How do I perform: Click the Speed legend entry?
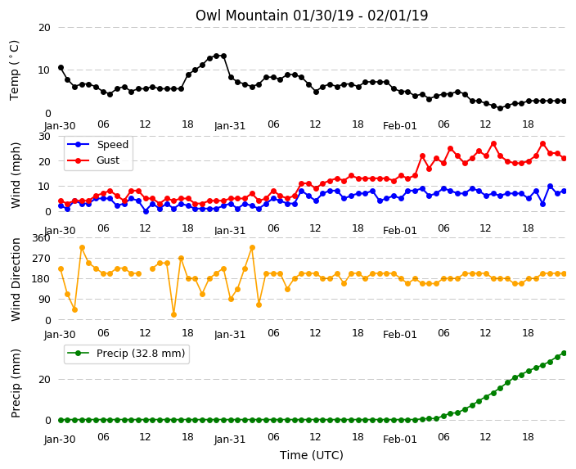pyautogui.click(x=97, y=144)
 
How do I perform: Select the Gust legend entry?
pyautogui.click(x=93, y=160)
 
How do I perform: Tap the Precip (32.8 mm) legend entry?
pyautogui.click(x=126, y=354)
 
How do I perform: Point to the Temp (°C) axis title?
pyautogui.click(x=15, y=70)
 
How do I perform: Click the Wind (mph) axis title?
pyautogui.click(x=16, y=175)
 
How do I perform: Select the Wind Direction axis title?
pyautogui.click(x=16, y=279)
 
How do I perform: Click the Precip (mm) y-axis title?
pyautogui.click(x=16, y=383)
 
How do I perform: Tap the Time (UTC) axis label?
pyautogui.click(x=312, y=455)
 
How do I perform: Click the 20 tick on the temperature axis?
pyautogui.click(x=44, y=28)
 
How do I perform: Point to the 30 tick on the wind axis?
pyautogui.click(x=44, y=137)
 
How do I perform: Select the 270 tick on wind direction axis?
pyautogui.click(x=41, y=259)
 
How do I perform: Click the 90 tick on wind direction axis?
pyautogui.click(x=44, y=300)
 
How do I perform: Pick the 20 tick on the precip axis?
pyautogui.click(x=44, y=379)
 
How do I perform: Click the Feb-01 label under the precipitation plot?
pyautogui.click(x=399, y=440)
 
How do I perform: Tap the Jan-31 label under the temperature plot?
pyautogui.click(x=230, y=126)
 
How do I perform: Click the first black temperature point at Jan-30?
pyautogui.click(x=61, y=68)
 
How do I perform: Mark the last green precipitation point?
pyautogui.click(x=565, y=354)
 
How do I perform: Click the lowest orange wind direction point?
pyautogui.click(x=173, y=314)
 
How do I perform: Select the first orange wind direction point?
pyautogui.click(x=61, y=269)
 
